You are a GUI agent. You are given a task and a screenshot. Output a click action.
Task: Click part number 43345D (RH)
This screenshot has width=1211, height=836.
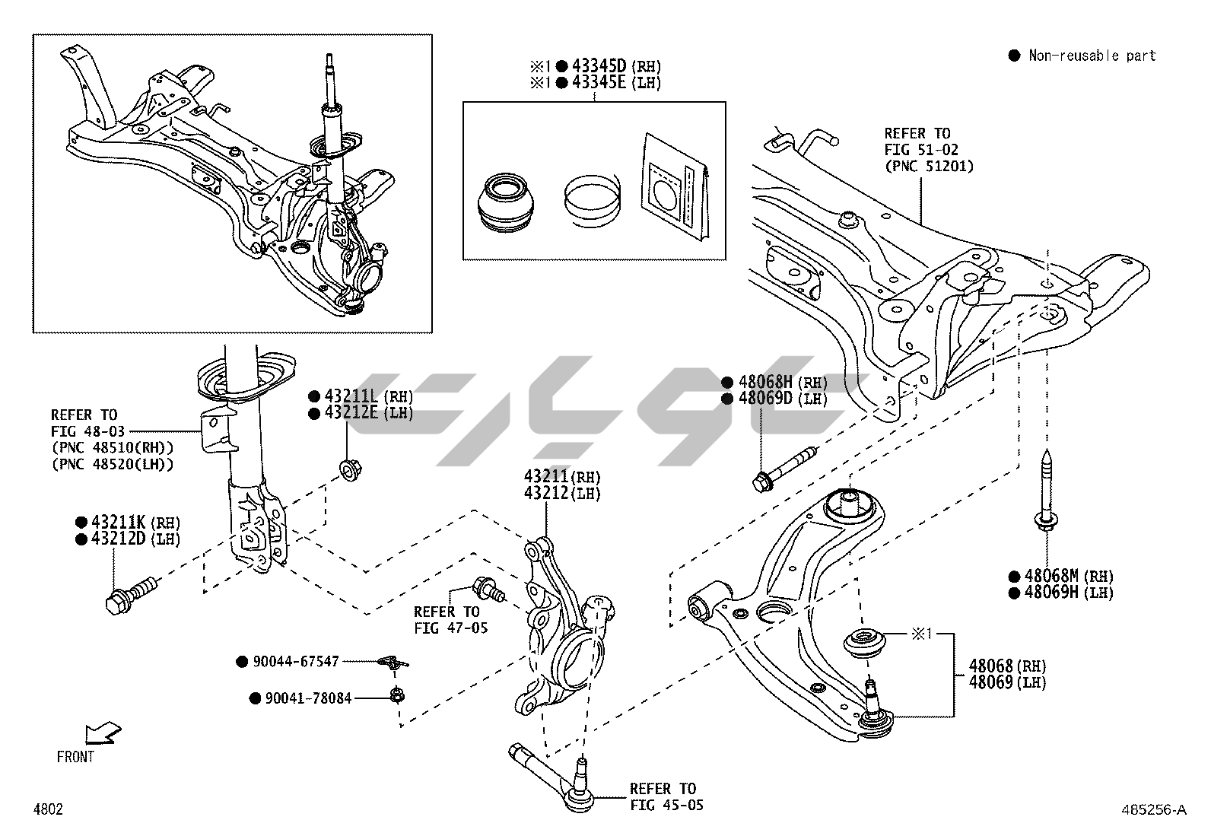[599, 66]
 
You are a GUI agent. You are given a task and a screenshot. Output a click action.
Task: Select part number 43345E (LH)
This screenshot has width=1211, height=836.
[599, 83]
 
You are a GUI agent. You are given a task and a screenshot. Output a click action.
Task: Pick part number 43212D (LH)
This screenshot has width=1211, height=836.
[119, 539]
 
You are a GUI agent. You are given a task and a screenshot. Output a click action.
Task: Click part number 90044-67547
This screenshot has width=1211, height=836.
[296, 662]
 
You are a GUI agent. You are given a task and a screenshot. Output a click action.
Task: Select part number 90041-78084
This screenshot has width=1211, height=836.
[308, 698]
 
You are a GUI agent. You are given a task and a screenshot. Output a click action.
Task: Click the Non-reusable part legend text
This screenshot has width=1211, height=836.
[1092, 56]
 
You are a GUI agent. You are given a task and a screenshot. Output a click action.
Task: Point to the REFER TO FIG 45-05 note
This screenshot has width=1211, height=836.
[662, 796]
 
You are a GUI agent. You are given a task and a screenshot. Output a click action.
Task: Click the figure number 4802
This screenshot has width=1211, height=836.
[47, 809]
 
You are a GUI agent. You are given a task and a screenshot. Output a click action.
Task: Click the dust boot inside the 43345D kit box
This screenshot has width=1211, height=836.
[507, 202]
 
